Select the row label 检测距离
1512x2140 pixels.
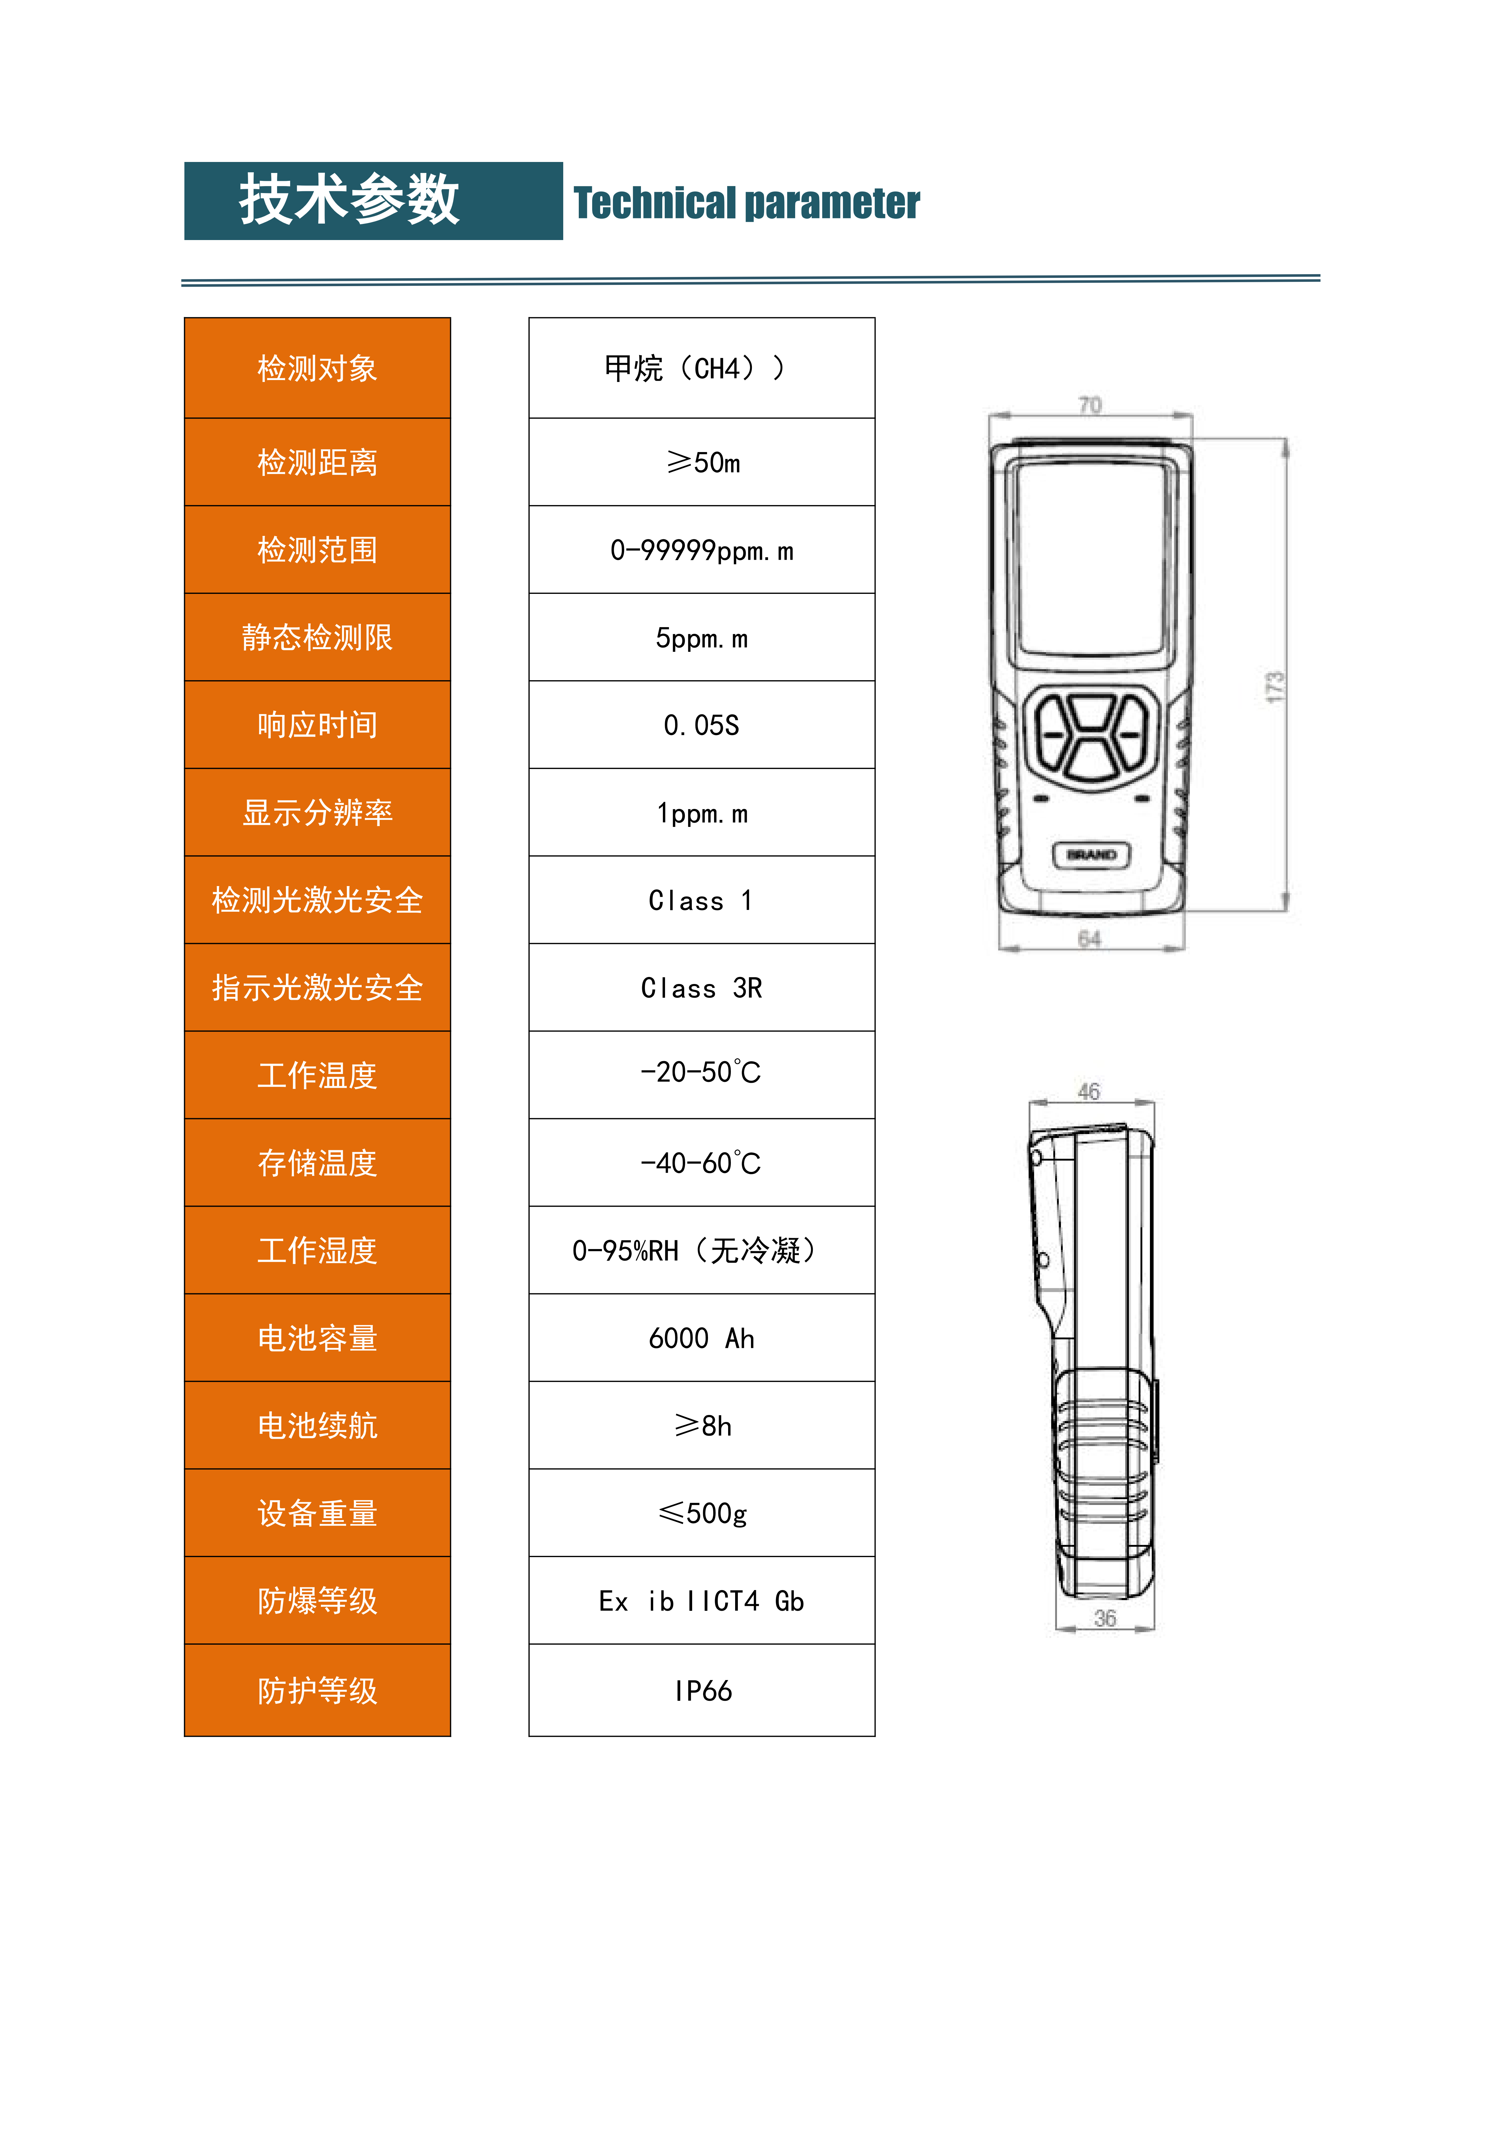point(318,462)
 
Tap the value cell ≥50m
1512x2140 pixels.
point(703,462)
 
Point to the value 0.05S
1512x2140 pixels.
point(703,725)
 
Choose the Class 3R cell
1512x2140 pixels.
point(703,988)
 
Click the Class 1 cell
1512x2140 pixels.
point(703,900)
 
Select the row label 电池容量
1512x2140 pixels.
point(318,1338)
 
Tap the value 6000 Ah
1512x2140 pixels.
point(703,1338)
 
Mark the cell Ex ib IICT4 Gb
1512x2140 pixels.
point(703,1601)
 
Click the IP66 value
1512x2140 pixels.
point(703,1691)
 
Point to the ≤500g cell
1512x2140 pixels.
point(703,1514)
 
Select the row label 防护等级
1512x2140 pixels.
point(318,1691)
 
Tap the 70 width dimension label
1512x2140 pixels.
point(1090,404)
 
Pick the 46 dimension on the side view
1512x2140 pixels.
point(1089,1091)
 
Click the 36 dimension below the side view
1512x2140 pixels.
point(1105,1618)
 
